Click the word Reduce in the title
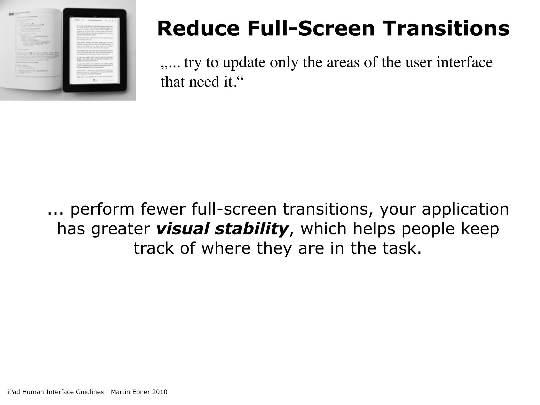(198, 29)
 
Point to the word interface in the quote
(465, 63)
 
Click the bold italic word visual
(182, 229)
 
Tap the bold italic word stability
(251, 229)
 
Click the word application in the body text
(465, 209)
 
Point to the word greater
(120, 229)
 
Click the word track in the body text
(153, 248)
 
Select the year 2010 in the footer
(160, 392)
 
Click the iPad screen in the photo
(94, 50)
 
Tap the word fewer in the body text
(163, 209)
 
